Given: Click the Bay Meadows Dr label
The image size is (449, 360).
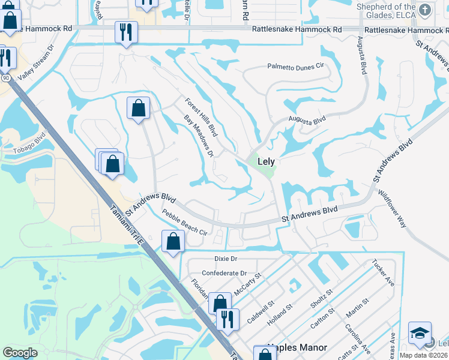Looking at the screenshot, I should click(x=199, y=136).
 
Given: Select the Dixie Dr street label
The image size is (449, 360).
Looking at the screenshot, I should click(x=226, y=259).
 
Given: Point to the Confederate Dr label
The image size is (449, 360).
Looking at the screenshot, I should click(x=224, y=273).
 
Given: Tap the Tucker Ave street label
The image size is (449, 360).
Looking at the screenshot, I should click(x=382, y=272).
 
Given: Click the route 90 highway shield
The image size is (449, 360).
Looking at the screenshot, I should click(x=5, y=77).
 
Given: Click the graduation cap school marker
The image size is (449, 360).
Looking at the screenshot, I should click(x=420, y=333).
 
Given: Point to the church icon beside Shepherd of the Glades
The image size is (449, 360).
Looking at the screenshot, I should click(x=425, y=10).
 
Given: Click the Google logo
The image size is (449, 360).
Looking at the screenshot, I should click(x=20, y=353).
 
